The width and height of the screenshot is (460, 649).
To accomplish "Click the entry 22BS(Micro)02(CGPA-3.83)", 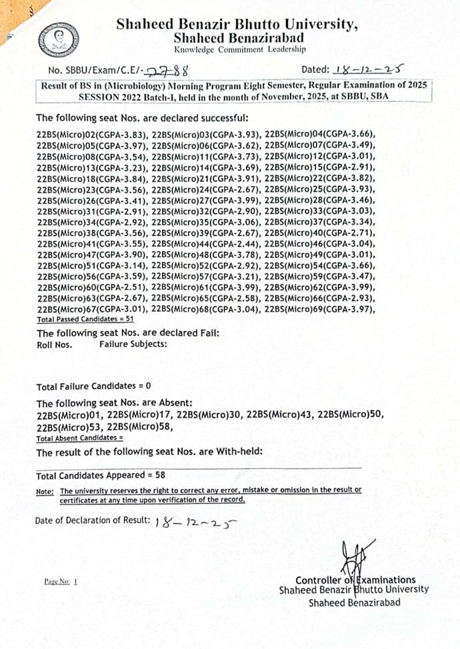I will tap(93, 134).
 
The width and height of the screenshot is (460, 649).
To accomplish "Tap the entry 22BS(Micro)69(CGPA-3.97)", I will tap(320, 309).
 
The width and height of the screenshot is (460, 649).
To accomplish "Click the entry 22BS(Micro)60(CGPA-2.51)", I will tap(93, 289).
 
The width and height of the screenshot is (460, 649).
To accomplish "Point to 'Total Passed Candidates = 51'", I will tap(81, 320).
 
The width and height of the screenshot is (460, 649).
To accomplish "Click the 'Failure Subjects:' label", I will tap(133, 344).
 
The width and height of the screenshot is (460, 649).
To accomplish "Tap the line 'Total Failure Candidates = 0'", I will tap(94, 386).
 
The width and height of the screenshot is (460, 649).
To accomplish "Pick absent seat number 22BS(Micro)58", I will tap(141, 426).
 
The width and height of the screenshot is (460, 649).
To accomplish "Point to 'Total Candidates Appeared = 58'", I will tap(101, 476).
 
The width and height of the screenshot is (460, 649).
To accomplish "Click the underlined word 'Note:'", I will tap(45, 491).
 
